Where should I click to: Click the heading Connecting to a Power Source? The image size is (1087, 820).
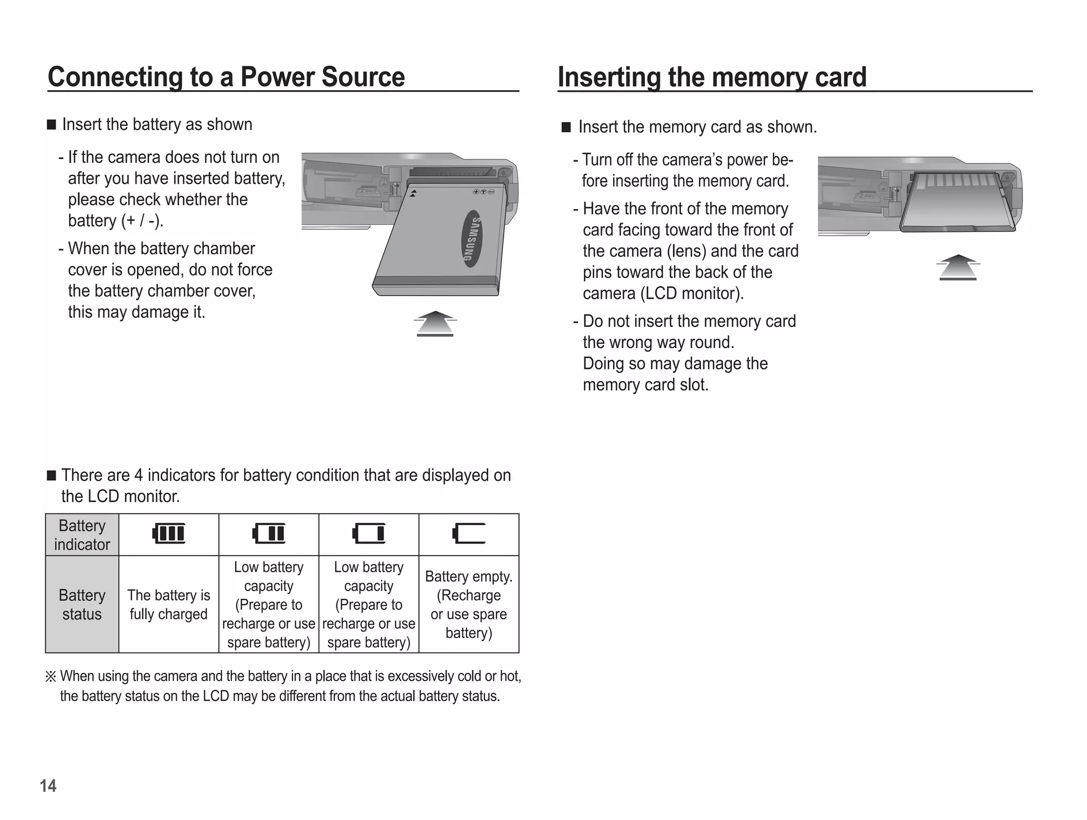[x=226, y=77]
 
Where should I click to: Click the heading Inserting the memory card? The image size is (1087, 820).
[x=712, y=77]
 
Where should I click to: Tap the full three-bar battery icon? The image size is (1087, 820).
[x=169, y=533]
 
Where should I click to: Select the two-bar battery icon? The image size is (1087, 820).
[x=269, y=533]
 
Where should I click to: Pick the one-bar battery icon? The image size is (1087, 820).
[x=369, y=533]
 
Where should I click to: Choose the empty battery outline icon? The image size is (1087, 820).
[x=469, y=533]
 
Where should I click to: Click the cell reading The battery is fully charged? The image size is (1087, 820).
[x=169, y=605]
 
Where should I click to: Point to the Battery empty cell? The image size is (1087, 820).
[x=469, y=605]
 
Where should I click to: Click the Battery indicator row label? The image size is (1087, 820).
[x=82, y=535]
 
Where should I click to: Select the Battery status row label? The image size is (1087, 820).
[x=82, y=605]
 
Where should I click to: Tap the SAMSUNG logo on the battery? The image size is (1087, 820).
[x=471, y=238]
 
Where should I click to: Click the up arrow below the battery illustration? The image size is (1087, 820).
[x=435, y=324]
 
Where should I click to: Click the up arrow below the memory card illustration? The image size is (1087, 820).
[x=957, y=267]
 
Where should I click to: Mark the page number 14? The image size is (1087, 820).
[x=48, y=786]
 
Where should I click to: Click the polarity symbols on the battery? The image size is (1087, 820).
[x=484, y=192]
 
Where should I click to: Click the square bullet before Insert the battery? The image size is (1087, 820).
[x=51, y=125]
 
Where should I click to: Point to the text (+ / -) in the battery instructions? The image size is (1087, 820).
[x=142, y=221]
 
